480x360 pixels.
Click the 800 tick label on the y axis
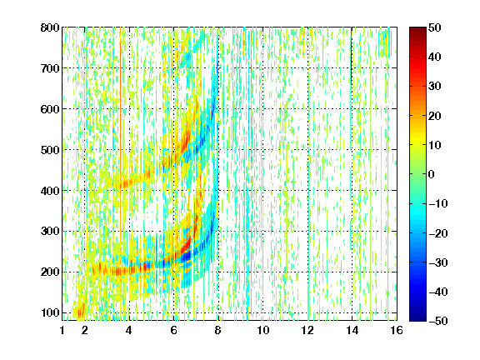click(x=50, y=27)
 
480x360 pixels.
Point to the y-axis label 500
click(x=50, y=150)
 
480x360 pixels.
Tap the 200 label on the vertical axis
click(x=50, y=272)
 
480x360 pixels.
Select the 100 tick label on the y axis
click(x=50, y=312)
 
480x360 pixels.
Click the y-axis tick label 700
click(x=50, y=68)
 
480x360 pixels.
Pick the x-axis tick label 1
click(x=62, y=330)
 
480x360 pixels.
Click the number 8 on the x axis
click(x=218, y=330)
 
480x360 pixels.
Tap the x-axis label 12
click(x=307, y=330)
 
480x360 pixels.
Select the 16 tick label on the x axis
click(x=397, y=330)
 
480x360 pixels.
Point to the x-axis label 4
click(x=129, y=330)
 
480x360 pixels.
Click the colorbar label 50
click(x=435, y=27)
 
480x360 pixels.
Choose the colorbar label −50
click(x=438, y=321)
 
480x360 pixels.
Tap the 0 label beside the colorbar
click(x=432, y=174)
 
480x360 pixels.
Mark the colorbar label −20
click(x=438, y=233)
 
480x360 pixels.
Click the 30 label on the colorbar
click(x=435, y=87)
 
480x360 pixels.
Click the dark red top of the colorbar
click(x=417, y=31)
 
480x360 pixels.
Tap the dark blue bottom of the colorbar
click(x=417, y=317)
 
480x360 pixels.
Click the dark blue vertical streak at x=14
click(x=352, y=52)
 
